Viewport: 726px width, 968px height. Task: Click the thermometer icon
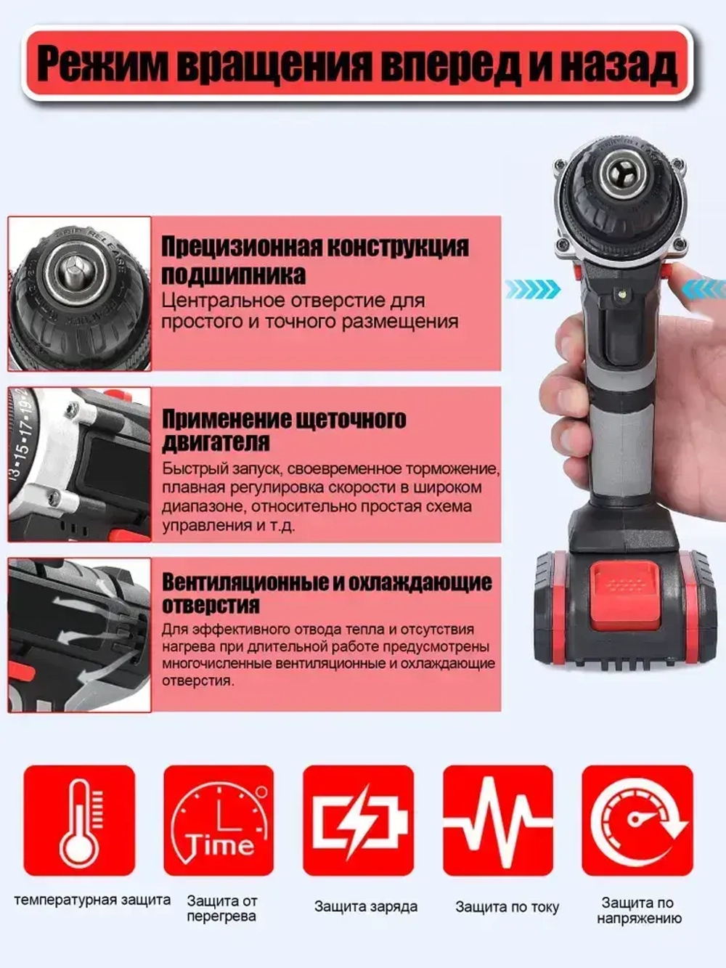pyautogui.click(x=79, y=821)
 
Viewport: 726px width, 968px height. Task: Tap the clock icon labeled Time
pyautogui.click(x=219, y=821)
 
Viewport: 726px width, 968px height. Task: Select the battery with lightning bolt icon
pyautogui.click(x=358, y=821)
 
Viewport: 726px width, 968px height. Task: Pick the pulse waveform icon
pyautogui.click(x=498, y=821)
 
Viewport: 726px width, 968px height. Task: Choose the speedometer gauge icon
pyautogui.click(x=637, y=821)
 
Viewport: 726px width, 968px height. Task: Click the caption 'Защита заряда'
pyautogui.click(x=365, y=906)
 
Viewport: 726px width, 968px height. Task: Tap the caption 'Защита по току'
pyautogui.click(x=507, y=906)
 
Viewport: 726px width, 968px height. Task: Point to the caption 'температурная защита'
pyautogui.click(x=92, y=900)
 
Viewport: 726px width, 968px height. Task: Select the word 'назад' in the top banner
pyautogui.click(x=619, y=65)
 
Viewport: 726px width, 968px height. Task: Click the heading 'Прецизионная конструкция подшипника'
pyautogui.click(x=314, y=260)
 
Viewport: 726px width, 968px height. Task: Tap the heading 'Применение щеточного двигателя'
pyautogui.click(x=283, y=430)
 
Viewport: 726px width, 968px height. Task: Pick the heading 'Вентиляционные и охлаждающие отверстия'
pyautogui.click(x=326, y=593)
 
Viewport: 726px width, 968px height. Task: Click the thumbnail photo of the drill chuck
pyautogui.click(x=79, y=293)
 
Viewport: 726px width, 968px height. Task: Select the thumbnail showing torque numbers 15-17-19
pyautogui.click(x=79, y=464)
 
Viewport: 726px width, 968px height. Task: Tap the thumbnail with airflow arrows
pyautogui.click(x=79, y=635)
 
